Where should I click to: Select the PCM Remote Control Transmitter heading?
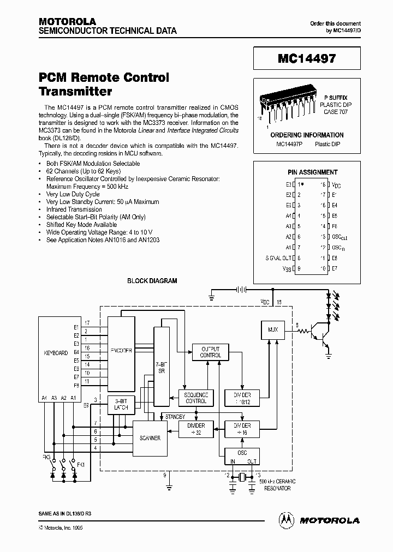(104, 84)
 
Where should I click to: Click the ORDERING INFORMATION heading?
(307, 135)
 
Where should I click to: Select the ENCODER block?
(121, 351)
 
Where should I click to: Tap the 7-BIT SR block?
(162, 367)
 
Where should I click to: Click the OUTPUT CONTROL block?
(211, 352)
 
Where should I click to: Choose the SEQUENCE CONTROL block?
(196, 398)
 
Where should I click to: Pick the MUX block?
(273, 329)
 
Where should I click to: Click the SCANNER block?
(150, 437)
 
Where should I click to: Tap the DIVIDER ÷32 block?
(196, 429)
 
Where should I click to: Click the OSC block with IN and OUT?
(242, 457)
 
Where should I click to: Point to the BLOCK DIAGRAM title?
(152, 281)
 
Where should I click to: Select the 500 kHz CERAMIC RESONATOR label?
(277, 484)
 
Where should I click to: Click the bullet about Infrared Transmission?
(74, 209)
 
